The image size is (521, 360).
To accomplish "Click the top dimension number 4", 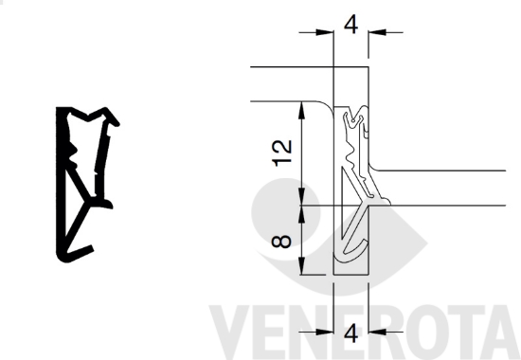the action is coord(351,25).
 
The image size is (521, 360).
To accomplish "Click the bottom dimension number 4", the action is coord(351,333).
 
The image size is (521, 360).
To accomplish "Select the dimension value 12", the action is coord(282,153).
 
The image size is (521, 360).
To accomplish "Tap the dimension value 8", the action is coord(281,242).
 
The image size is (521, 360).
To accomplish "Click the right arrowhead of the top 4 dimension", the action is coord(377,32).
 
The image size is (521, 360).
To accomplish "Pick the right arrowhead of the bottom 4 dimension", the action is coord(377,332).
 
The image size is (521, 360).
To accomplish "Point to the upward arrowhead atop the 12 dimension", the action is coord(301,110).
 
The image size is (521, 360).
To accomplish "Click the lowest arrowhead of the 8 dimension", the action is coord(301,266).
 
